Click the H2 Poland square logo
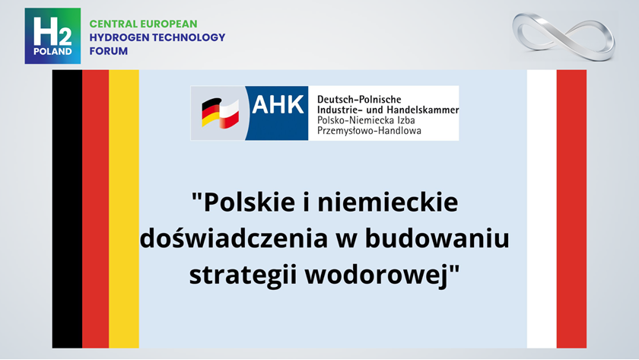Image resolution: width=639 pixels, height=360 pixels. tap(52, 36)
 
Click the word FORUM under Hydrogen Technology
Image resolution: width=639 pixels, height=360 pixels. tap(109, 51)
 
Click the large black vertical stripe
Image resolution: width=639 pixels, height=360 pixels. tap(67, 209)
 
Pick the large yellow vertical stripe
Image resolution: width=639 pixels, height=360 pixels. tap(124, 209)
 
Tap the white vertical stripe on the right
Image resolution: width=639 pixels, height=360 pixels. tap(542, 209)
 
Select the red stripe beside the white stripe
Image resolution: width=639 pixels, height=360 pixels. tap(571, 209)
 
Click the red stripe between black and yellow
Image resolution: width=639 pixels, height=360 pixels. tap(95, 209)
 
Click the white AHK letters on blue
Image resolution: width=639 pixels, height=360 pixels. tap(278, 105)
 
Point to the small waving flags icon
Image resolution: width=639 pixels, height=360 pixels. tap(220, 113)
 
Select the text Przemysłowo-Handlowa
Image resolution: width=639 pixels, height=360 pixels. tap(369, 131)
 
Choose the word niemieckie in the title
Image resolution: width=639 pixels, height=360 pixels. tap(388, 202)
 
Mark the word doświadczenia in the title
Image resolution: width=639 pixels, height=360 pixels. tap(234, 238)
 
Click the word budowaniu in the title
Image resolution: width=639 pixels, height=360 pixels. tap(437, 238)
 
